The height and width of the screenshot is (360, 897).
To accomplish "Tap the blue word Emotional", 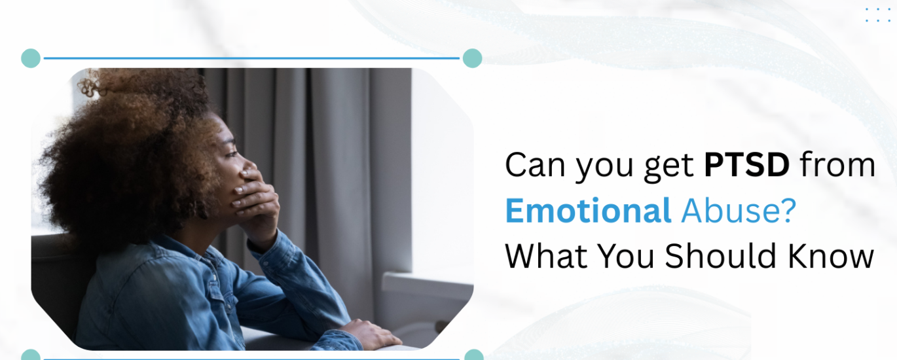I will [588, 211].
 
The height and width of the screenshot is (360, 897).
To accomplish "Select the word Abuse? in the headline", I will [739, 211].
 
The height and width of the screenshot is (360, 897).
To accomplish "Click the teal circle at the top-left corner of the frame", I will [31, 58].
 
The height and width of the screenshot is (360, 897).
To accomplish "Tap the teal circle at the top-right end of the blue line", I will [472, 58].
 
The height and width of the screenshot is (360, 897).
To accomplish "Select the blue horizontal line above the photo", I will [251, 58].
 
